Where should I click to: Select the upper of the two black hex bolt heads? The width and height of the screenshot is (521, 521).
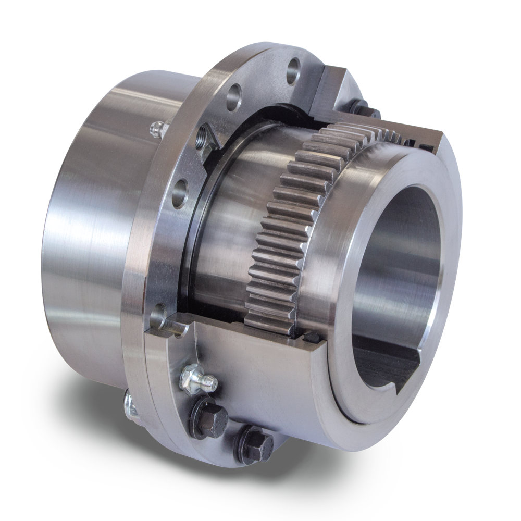(208, 417)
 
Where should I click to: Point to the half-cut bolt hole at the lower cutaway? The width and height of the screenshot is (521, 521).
(169, 323)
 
